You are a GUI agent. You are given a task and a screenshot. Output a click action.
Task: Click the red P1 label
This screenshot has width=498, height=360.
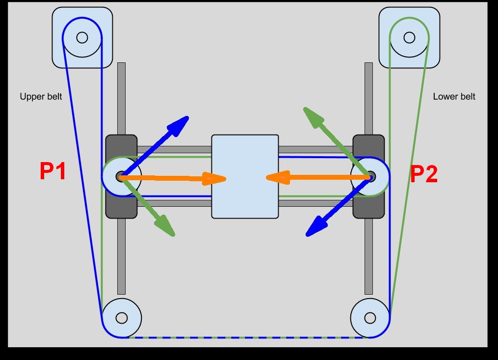click(x=52, y=171)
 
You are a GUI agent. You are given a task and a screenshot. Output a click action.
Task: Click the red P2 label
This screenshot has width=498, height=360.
click(x=424, y=174)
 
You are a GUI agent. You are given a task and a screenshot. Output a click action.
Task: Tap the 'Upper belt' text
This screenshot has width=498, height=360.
click(x=41, y=97)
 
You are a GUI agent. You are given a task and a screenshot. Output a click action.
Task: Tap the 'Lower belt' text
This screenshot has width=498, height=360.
click(x=454, y=97)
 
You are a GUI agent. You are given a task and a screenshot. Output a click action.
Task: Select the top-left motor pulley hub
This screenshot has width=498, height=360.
click(x=82, y=37)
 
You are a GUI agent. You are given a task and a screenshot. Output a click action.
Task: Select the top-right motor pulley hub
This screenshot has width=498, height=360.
click(x=409, y=37)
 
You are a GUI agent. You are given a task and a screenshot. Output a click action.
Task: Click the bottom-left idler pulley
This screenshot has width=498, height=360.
click(x=122, y=318)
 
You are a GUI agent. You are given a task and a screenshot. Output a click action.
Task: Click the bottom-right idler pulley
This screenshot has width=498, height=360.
click(x=370, y=318)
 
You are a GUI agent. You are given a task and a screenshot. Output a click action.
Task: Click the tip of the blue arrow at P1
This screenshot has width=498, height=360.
click(x=188, y=117)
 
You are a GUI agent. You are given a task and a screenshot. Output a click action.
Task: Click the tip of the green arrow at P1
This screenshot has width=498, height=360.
click(x=174, y=236)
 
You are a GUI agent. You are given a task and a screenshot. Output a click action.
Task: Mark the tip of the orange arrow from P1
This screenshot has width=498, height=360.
click(x=225, y=179)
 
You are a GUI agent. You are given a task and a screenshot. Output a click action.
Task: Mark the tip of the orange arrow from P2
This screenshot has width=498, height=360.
click(x=266, y=177)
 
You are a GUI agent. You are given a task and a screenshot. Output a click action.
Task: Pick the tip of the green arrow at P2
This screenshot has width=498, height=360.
click(x=305, y=108)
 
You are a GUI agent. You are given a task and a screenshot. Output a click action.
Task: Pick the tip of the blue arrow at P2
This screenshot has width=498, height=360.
click(x=307, y=235)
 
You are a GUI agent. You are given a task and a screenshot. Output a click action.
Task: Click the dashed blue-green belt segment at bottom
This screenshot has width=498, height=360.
click(x=245, y=337)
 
